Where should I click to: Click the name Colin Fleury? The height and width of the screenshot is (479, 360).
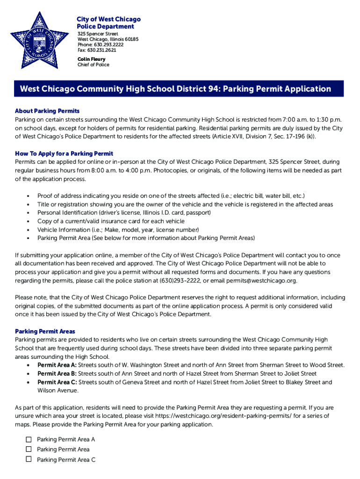[x=91, y=59]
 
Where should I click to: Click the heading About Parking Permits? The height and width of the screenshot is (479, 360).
[x=47, y=111]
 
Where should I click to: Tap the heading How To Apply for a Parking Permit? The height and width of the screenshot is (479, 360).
[x=64, y=153]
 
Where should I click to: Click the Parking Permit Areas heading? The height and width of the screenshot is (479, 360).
[x=45, y=331]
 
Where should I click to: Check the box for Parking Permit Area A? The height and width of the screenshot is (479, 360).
[x=29, y=439]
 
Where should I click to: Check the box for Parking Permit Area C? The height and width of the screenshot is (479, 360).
[x=29, y=459]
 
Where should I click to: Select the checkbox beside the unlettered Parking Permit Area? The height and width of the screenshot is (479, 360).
[x=29, y=449]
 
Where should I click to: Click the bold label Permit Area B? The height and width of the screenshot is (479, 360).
[x=57, y=374]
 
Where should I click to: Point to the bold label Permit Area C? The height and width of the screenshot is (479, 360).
[x=57, y=382]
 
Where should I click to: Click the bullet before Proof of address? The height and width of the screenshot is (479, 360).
[x=29, y=196]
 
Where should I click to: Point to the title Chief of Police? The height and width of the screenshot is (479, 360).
[x=93, y=65]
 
